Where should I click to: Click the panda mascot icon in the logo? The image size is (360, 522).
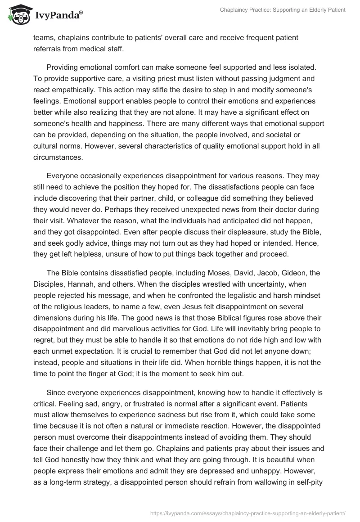pos(18,15)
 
